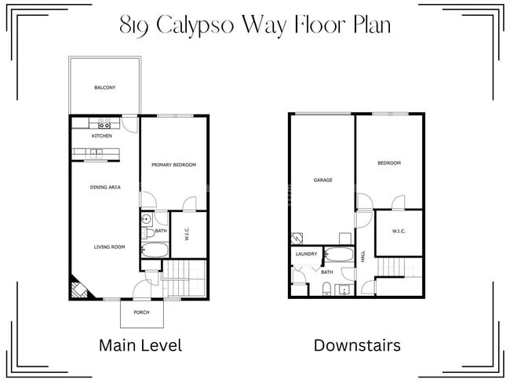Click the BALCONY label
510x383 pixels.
tap(104, 87)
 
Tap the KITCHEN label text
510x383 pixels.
tap(102, 136)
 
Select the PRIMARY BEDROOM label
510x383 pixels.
tap(173, 165)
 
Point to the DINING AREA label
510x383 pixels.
tap(104, 187)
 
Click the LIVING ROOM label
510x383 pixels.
tap(110, 247)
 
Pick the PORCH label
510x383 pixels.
tap(141, 312)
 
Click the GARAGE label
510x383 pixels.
tap(322, 180)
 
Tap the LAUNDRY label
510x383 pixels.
tap(306, 254)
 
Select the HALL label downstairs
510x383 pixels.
tap(363, 257)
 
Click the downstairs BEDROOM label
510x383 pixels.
tap(389, 163)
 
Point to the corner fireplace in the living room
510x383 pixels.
tap(79, 288)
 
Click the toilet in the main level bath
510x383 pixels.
tap(148, 231)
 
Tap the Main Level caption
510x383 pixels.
tap(140, 345)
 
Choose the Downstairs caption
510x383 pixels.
tap(357, 345)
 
